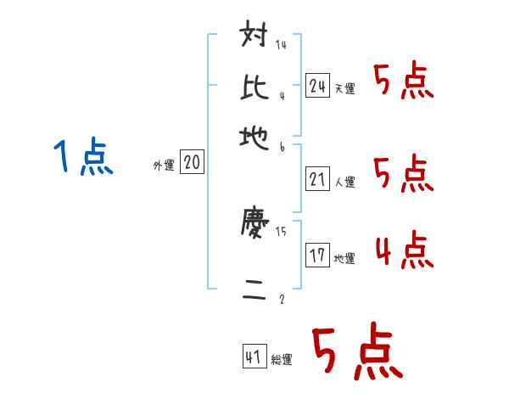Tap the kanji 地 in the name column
pos(255,136)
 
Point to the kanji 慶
pos(255,225)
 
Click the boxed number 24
pos(318,85)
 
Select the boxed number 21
pos(318,179)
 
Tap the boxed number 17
pos(318,256)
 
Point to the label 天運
pos(345,88)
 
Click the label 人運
pos(345,182)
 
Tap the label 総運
pos(282,359)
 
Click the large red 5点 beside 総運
pos(356,354)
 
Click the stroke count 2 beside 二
pos(281,299)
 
